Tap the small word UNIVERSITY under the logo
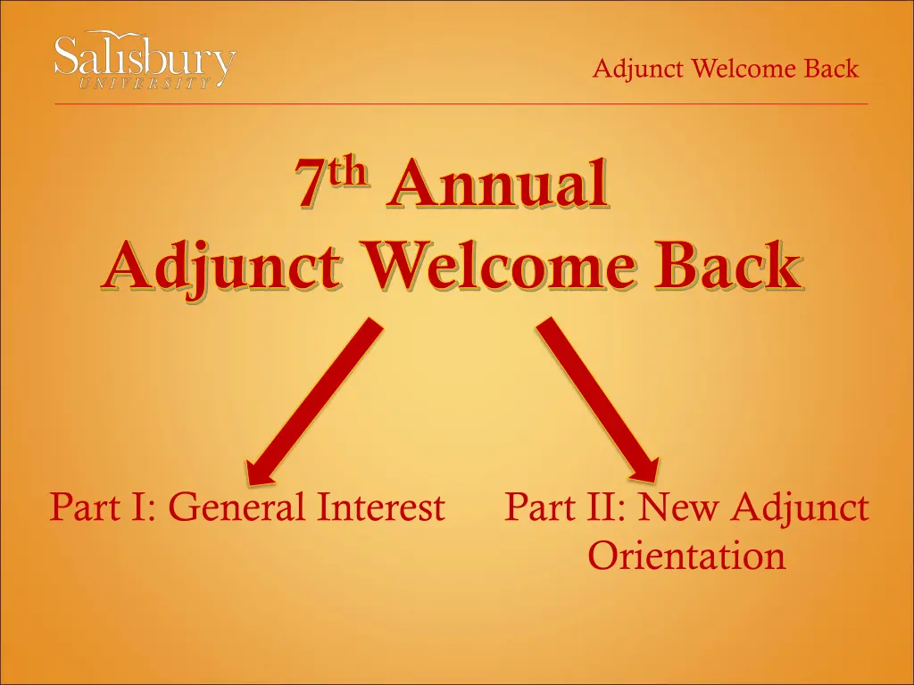click(x=144, y=83)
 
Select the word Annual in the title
click(x=497, y=183)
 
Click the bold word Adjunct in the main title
click(x=220, y=266)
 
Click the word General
click(x=239, y=507)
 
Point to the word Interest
click(x=381, y=507)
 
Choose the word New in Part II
click(x=677, y=507)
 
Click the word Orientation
click(x=686, y=555)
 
